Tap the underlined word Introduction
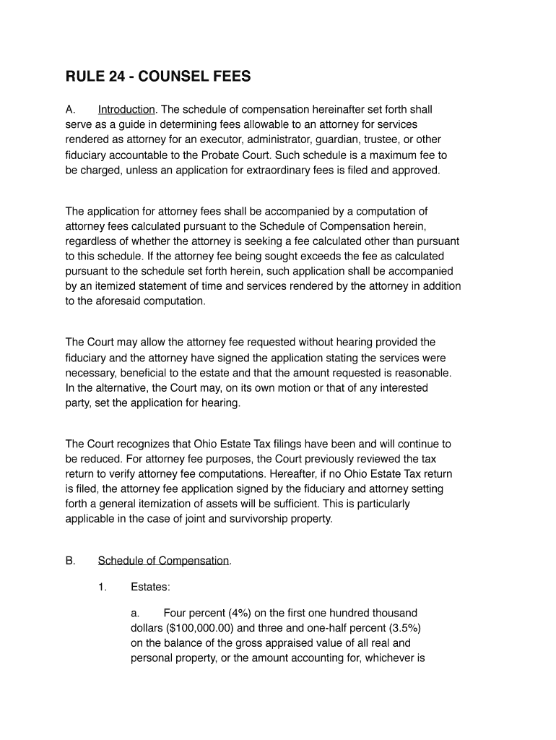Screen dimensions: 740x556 tap(126, 110)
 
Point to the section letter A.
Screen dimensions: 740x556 tap(70, 110)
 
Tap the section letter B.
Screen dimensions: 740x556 tap(70, 561)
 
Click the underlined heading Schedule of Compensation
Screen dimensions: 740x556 tap(163, 561)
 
